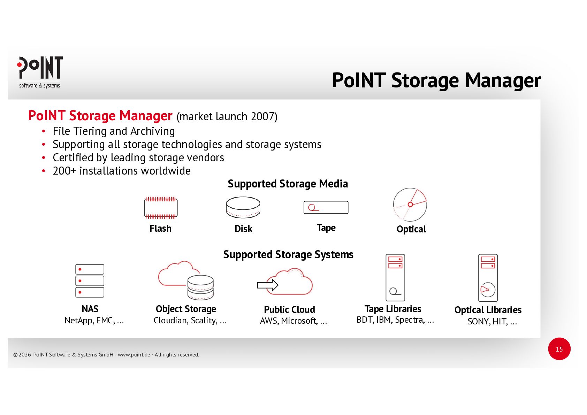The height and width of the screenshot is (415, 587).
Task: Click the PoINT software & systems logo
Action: [40, 72]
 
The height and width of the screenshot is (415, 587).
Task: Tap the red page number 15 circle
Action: [559, 349]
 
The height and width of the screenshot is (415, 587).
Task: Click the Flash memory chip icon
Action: [161, 208]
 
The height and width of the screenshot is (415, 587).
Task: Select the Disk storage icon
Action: [243, 207]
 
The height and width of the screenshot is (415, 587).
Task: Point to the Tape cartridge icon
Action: [326, 207]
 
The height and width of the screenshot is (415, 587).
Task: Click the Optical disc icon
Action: [410, 205]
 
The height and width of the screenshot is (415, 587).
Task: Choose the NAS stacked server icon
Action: [90, 280]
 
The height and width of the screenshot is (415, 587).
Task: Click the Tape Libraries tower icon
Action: [395, 277]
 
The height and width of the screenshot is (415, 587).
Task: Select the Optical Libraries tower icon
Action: [488, 278]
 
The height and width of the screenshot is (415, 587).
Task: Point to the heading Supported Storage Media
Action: [288, 184]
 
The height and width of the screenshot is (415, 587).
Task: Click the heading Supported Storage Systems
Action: [288, 254]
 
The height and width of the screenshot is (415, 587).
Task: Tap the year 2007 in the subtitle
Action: [262, 116]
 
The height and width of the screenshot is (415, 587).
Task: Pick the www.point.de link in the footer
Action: [134, 355]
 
